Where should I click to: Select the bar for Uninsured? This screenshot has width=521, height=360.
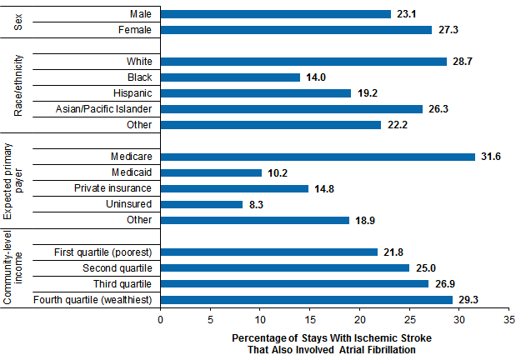point(202,204)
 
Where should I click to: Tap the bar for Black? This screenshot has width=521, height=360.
point(230,77)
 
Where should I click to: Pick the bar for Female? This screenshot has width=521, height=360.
point(296,30)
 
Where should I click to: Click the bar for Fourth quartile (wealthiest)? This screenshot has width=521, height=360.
point(306,299)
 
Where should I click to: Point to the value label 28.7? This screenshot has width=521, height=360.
point(463,62)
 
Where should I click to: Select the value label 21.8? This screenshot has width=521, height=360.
point(395,252)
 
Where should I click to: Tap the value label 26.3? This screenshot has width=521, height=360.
point(439,109)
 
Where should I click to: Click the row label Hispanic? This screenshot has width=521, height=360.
point(131,93)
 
